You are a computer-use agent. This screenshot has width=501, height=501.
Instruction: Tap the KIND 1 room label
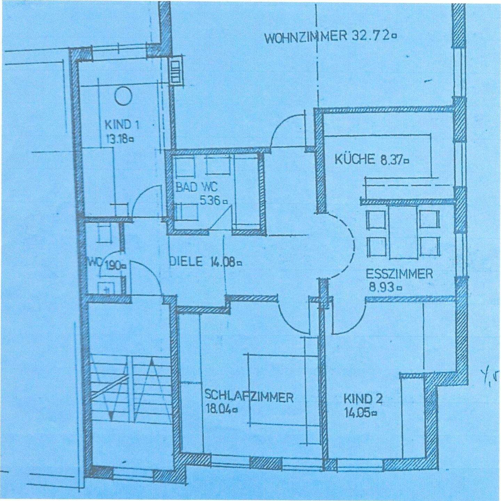[122, 125]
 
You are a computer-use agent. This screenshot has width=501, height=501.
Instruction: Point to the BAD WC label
[196, 187]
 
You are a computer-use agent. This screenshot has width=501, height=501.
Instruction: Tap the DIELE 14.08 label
[205, 262]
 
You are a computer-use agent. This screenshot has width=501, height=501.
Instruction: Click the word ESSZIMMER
[399, 274]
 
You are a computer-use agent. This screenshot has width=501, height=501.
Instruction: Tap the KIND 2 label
[363, 399]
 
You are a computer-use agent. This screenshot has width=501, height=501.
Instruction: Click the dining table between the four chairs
[404, 232]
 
